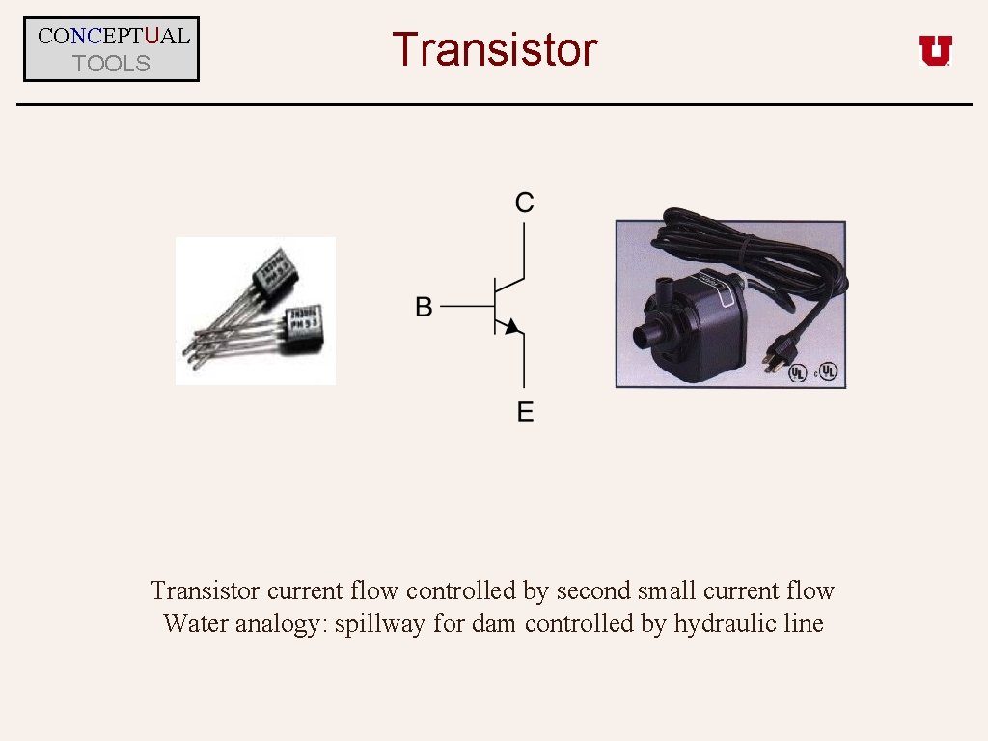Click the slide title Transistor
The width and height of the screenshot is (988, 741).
point(494,49)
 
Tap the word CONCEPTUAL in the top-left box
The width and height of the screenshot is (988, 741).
point(113,37)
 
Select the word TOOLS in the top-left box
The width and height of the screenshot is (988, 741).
point(112,64)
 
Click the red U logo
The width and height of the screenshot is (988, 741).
point(935,50)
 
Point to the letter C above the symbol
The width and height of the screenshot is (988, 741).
point(525,202)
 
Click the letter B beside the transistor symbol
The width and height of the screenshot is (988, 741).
point(424,307)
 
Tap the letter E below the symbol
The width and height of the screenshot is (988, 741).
point(525,412)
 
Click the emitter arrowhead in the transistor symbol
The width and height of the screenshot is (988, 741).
point(512,326)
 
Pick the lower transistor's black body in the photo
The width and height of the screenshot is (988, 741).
point(308,325)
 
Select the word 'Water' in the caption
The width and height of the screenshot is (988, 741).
point(195,623)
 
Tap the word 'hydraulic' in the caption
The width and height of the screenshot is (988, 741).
point(725,623)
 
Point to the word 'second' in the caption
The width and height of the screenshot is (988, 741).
point(592,590)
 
